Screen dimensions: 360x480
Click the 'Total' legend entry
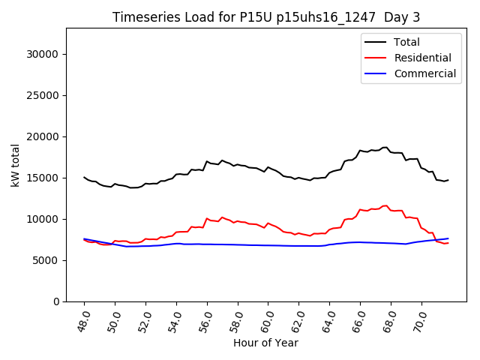[x=406, y=42]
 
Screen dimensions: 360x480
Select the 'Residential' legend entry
[x=422, y=58]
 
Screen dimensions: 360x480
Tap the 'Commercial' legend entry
[x=424, y=73]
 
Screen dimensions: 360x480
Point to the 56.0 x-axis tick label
[x=205, y=320]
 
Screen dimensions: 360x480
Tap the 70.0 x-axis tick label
[x=419, y=320]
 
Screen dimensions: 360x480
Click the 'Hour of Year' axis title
[x=265, y=343]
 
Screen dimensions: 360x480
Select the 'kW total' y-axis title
[x=15, y=165]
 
